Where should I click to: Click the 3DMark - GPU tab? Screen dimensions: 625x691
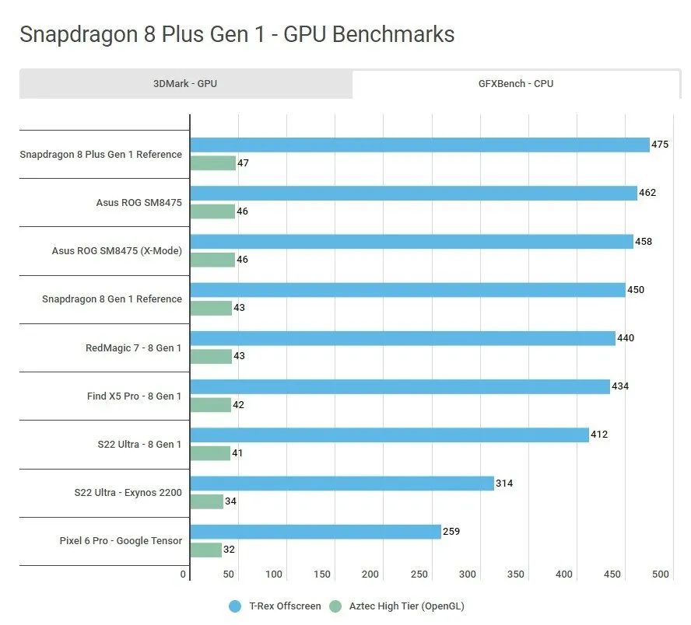pyautogui.click(x=185, y=84)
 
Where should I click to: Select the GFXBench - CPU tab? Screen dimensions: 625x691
pyautogui.click(x=517, y=84)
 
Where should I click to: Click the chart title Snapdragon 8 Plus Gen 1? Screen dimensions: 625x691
pyautogui.click(x=237, y=34)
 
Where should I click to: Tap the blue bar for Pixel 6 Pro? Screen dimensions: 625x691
pyautogui.click(x=315, y=532)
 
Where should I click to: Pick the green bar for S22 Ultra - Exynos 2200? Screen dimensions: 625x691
pyautogui.click(x=207, y=501)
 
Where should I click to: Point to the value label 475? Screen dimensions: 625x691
pyautogui.click(x=660, y=145)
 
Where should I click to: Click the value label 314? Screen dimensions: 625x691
pyautogui.click(x=504, y=484)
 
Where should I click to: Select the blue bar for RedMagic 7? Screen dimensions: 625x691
pyautogui.click(x=402, y=339)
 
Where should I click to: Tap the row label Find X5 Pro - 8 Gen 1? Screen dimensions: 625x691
pyautogui.click(x=134, y=396)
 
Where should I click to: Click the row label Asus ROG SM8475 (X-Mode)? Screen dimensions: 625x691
pyautogui.click(x=117, y=251)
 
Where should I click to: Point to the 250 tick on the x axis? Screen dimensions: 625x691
pyautogui.click(x=419, y=574)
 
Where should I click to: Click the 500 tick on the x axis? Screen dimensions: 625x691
pyautogui.click(x=660, y=574)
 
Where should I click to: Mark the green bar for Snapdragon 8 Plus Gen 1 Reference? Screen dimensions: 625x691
pyautogui.click(x=213, y=163)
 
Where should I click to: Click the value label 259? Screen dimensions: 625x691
pyautogui.click(x=451, y=532)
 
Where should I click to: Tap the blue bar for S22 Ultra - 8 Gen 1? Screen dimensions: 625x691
pyautogui.click(x=389, y=435)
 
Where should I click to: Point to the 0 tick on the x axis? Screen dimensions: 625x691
pyautogui.click(x=184, y=574)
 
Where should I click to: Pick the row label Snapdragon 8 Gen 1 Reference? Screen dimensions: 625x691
pyautogui.click(x=112, y=299)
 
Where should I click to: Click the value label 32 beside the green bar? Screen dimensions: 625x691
pyautogui.click(x=229, y=550)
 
